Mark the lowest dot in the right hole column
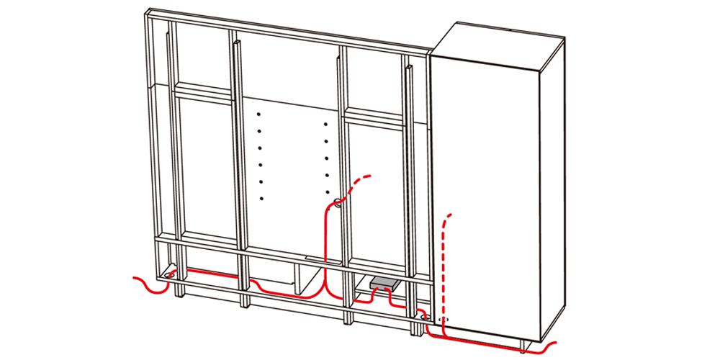coord(326,192)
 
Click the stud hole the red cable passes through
coord(336,204)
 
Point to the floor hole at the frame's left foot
coord(171,274)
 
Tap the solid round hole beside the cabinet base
coord(423,316)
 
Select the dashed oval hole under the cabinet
coord(442,318)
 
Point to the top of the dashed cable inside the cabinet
coord(451,214)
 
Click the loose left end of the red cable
coord(134,278)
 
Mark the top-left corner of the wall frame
coord(146,12)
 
